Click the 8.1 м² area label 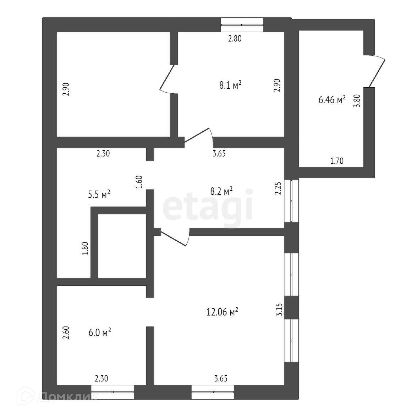coord(230,86)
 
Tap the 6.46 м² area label coord(332,100)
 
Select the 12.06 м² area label coord(222,312)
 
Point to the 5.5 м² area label coord(99,194)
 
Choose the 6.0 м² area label coord(100,333)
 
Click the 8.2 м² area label coord(222,191)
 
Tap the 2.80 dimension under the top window coord(235,39)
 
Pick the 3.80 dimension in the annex coord(357,101)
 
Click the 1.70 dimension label coord(337,161)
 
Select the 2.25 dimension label coord(278,188)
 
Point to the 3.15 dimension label coord(279,310)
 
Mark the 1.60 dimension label coord(139,182)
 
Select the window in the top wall coord(242,25)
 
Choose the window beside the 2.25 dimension coord(291,201)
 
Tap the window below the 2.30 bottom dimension coord(113,392)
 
